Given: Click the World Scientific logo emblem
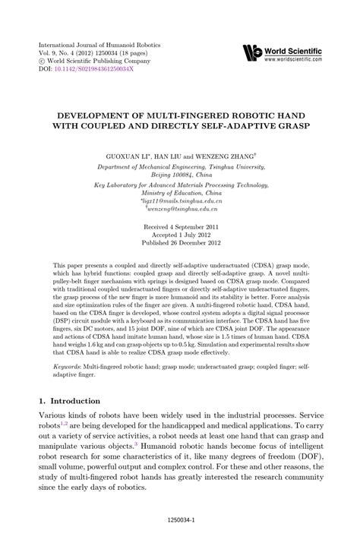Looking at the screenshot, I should pyautogui.click(x=251, y=52).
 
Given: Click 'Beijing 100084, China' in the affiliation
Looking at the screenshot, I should pyautogui.click(x=179, y=172).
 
